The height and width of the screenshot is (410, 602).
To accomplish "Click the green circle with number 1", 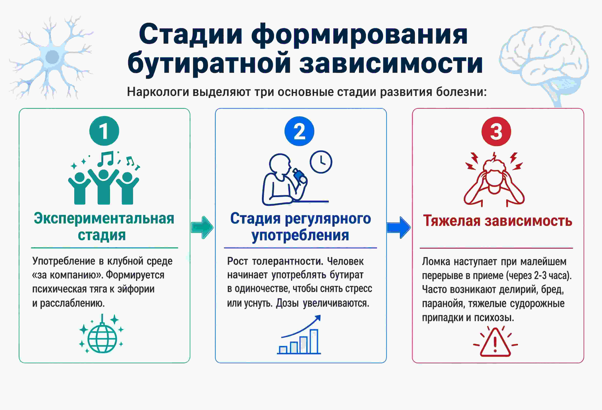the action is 104,131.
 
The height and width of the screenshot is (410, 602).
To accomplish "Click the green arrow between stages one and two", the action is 202,227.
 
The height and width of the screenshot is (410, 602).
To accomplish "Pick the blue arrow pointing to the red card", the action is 398,227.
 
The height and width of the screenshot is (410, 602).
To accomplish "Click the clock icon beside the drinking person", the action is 321,162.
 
